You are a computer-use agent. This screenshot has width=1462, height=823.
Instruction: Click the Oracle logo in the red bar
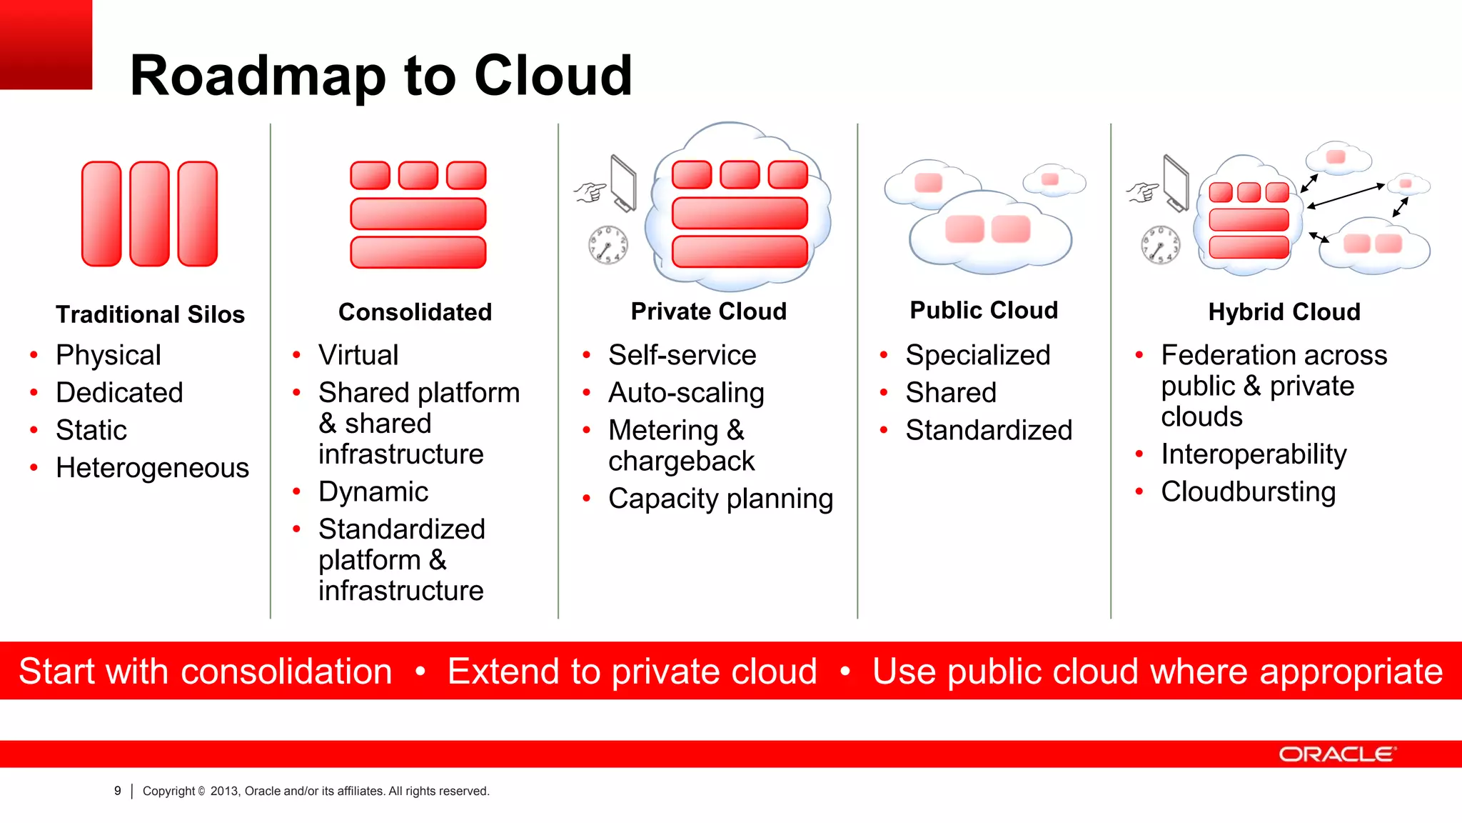1336,754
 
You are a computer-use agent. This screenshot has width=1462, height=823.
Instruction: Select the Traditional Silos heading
150,314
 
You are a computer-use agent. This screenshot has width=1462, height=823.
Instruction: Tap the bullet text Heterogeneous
152,468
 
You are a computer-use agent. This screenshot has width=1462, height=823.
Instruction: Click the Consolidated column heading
415,312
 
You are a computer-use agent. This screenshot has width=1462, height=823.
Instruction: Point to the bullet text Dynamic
373,492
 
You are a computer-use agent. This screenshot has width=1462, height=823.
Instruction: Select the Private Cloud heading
708,311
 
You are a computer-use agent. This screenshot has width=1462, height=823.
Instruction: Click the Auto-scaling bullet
685,393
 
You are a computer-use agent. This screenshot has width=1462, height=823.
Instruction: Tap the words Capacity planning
720,499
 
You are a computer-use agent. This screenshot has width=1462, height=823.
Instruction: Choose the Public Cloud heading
983,310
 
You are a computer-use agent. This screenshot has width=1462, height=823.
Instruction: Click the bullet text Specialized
977,355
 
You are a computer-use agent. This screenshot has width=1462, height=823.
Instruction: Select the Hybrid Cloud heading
1284,312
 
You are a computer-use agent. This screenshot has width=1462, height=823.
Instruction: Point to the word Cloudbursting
1248,492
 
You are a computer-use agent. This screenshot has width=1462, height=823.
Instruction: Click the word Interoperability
1254,454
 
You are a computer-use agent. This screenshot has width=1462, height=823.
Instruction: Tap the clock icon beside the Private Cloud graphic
608,245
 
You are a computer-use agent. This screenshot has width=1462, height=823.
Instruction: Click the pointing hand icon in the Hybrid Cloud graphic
1142,191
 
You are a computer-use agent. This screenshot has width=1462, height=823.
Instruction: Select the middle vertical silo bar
149,214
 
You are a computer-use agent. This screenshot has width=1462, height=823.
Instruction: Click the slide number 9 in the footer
118,791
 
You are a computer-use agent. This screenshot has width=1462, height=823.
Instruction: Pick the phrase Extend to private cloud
632,672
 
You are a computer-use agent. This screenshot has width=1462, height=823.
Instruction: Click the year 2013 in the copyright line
224,791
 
